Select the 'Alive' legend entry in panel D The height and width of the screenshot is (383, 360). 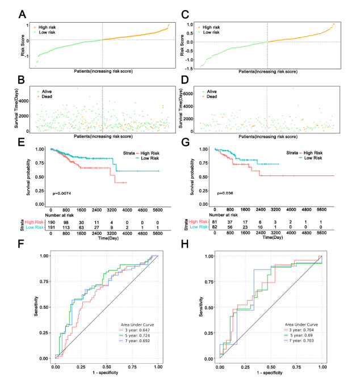pyautogui.click(x=211, y=90)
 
